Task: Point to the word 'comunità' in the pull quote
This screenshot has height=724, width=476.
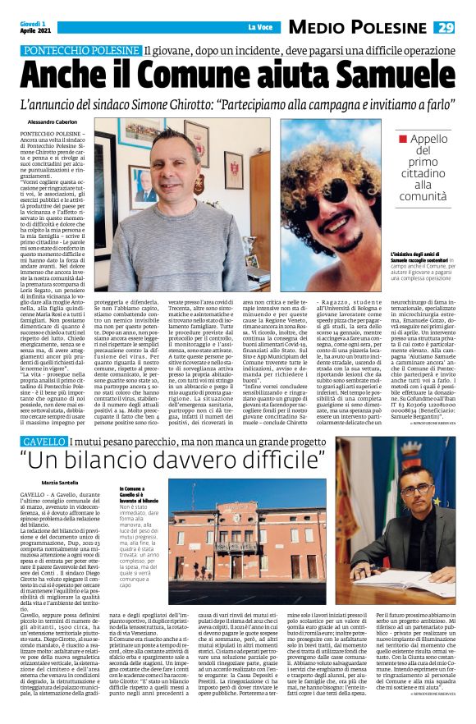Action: point(423,198)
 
